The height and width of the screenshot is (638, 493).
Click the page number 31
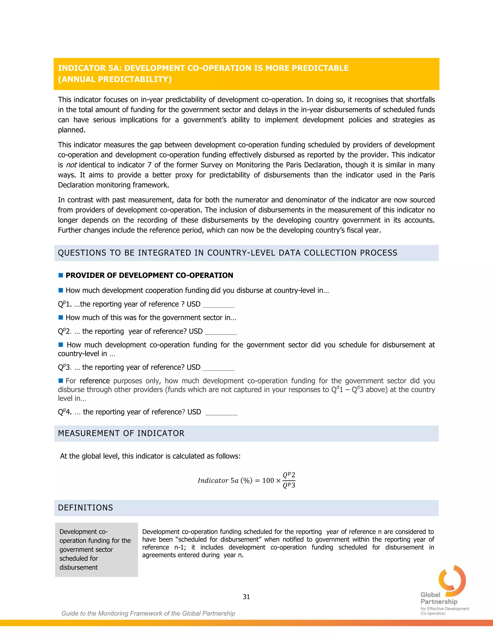pos(246,597)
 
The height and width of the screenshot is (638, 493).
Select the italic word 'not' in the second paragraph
pos(71,165)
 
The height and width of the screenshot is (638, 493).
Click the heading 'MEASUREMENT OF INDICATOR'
pos(121,433)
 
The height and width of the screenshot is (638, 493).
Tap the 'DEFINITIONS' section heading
pos(85,508)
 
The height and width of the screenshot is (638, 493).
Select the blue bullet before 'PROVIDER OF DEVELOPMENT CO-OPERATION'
pos(61,275)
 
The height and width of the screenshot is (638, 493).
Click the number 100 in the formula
pos(268,481)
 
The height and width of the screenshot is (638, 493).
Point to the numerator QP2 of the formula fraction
pos(289,475)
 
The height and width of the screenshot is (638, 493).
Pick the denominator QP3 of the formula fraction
pos(289,486)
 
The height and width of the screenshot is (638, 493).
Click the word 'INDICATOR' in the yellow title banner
pos(82,68)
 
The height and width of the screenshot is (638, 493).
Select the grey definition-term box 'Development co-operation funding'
pos(96,549)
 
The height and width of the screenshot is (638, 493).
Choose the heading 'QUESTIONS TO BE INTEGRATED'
pos(227,253)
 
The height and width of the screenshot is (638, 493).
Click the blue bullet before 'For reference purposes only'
pos(61,380)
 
